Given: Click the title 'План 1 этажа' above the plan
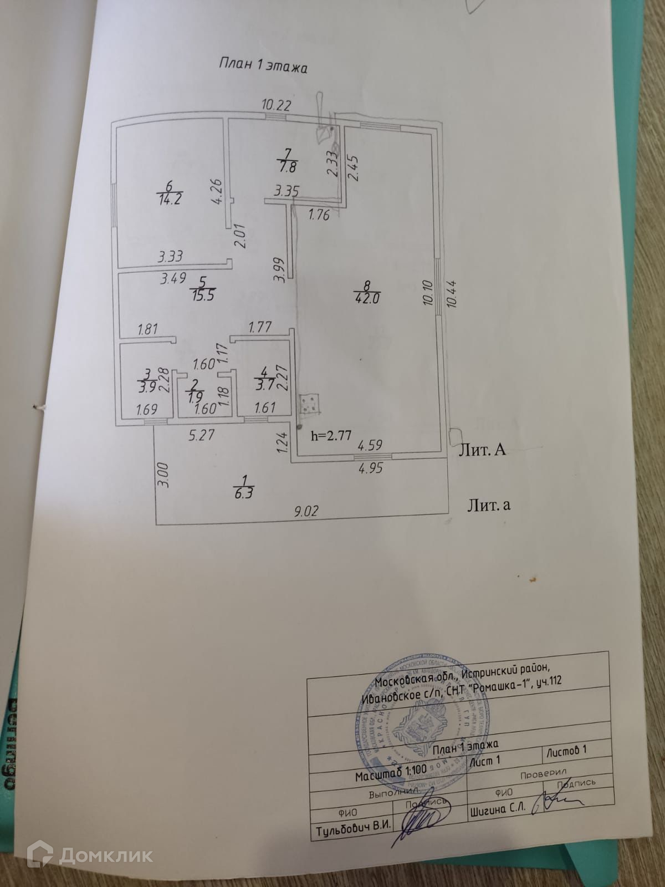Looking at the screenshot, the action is coord(263,66).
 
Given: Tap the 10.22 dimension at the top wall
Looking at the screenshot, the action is coord(276,104).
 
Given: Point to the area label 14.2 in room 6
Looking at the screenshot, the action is coord(170,198).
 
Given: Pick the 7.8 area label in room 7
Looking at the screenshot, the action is coord(287,165).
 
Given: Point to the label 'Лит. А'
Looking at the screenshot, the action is coord(482,450).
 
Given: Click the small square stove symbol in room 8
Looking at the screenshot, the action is coord(310,404).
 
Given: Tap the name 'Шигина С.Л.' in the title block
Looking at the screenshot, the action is coord(497,808).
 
